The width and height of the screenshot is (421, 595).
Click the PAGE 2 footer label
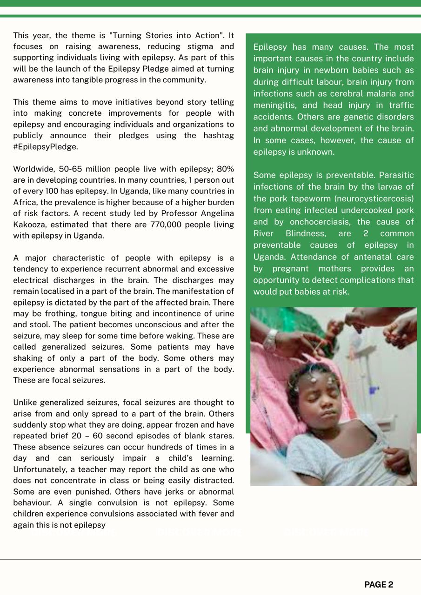pyautogui.click(x=379, y=585)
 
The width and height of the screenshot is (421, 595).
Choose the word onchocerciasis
pyautogui.click(x=319, y=222)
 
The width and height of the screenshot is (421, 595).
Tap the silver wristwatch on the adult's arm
pyautogui.click(x=270, y=339)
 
